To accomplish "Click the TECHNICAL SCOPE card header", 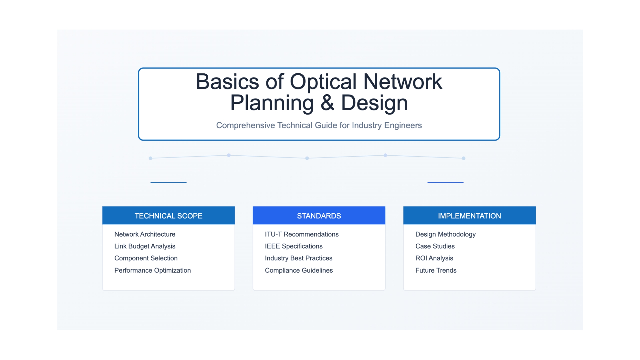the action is (x=169, y=215).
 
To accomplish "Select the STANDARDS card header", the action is (x=319, y=215).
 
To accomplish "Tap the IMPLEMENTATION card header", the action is (x=469, y=215).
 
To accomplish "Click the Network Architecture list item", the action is (x=145, y=234).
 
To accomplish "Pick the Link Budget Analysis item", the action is (x=145, y=246).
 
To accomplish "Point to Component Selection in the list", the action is (x=146, y=258).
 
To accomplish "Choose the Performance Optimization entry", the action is (x=153, y=270).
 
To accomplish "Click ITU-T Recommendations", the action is (x=302, y=234).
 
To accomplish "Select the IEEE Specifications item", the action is (x=294, y=246).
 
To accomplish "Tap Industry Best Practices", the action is (x=299, y=258).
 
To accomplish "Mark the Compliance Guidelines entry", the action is (x=299, y=270).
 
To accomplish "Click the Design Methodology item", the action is (x=445, y=234).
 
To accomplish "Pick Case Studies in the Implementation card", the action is (x=435, y=246).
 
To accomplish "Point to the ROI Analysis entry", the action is (x=434, y=258).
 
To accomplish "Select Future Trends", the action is (x=436, y=270).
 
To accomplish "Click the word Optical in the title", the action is (x=323, y=82).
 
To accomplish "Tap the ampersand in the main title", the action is (x=327, y=103).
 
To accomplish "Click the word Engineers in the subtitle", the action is (x=403, y=125).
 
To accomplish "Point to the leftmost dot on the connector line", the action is (x=151, y=158).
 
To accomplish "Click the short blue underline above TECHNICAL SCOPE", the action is (x=169, y=182).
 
